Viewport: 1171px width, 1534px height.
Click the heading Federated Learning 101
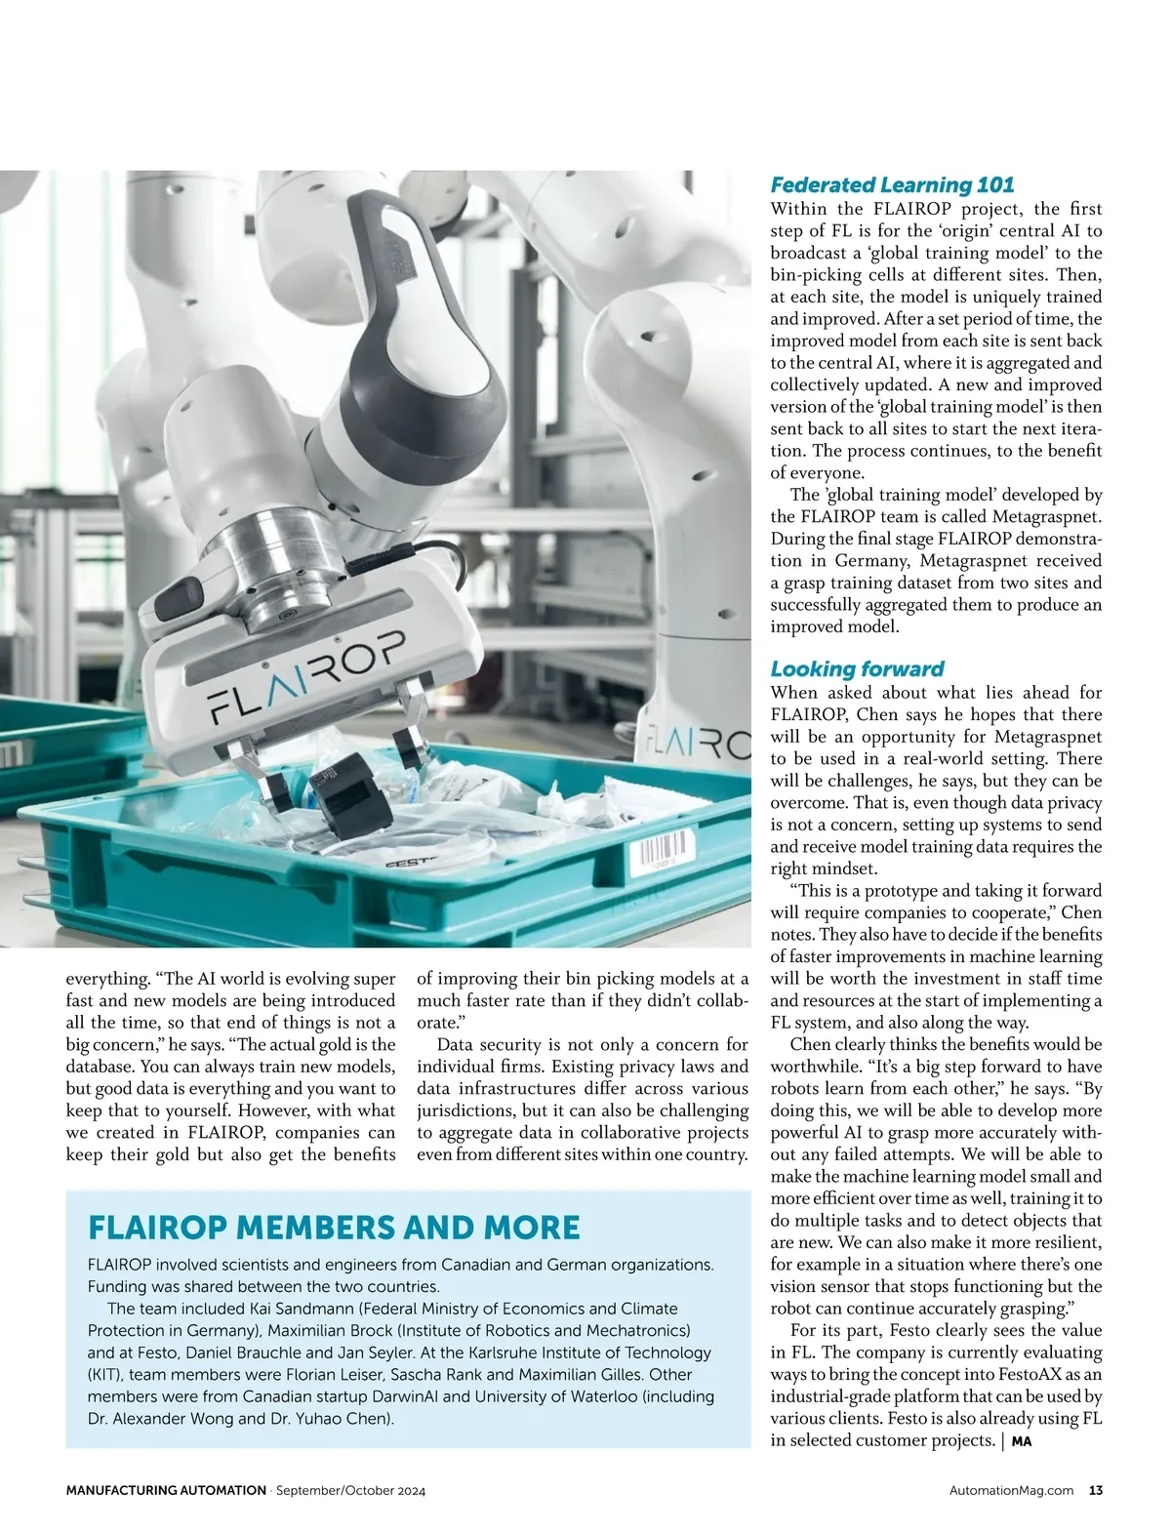(x=892, y=184)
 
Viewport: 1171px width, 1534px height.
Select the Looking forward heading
(x=857, y=668)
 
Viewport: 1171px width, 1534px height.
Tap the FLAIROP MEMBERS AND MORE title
(x=334, y=1227)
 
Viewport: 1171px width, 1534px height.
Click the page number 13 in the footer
(x=1096, y=1490)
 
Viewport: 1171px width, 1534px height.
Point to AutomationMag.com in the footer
(x=1011, y=1490)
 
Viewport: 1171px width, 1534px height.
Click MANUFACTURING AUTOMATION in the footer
(x=166, y=1490)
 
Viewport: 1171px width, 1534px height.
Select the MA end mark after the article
(x=1021, y=1440)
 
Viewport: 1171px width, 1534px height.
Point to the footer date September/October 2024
(x=351, y=1490)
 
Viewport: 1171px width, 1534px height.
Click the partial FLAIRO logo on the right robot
(x=699, y=746)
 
